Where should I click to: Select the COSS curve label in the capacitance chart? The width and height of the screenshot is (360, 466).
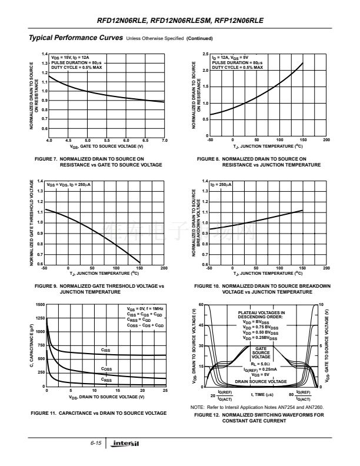(x=106, y=370)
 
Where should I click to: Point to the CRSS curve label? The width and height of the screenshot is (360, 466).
(x=106, y=380)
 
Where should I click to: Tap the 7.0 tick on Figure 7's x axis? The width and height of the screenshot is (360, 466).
(x=165, y=141)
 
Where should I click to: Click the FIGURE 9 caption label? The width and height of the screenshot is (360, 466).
(x=46, y=286)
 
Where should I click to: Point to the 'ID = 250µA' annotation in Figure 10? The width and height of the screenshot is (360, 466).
(x=221, y=185)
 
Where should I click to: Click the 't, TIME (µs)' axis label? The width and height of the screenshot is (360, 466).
(x=262, y=394)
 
